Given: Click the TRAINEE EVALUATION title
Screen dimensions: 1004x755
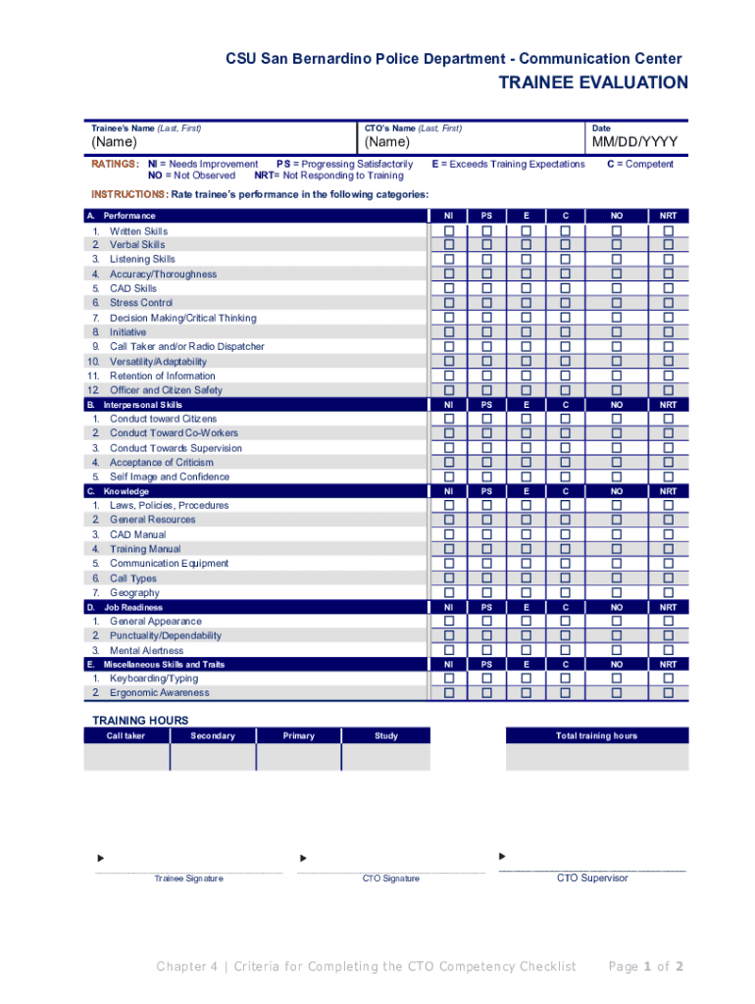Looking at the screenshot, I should [593, 83].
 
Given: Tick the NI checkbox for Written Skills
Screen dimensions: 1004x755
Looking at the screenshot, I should [449, 231].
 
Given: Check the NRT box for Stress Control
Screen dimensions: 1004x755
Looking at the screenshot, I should [668, 303].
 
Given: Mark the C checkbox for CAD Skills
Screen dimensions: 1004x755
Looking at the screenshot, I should [565, 289].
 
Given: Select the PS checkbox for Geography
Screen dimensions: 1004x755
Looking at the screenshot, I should [486, 592].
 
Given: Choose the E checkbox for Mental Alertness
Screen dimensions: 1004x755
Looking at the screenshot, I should [526, 650].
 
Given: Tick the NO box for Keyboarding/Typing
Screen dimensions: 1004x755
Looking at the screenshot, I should [617, 678].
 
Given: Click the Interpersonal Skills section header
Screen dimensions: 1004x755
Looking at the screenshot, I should [143, 404].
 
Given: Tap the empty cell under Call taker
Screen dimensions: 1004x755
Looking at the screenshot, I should [126, 758].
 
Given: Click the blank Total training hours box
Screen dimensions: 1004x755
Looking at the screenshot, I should [596, 758].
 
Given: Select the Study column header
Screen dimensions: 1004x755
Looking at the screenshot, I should [385, 735].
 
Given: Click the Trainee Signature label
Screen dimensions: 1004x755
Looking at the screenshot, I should [188, 878].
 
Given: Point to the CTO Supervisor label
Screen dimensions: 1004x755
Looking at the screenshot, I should [592, 878].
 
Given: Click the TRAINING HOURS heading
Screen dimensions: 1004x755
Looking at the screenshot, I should [140, 721].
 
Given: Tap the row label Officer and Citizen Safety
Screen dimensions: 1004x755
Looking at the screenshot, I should [166, 390].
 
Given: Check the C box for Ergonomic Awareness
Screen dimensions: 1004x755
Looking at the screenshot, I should [565, 693].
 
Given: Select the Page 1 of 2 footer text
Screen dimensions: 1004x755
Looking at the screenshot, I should [645, 967].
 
